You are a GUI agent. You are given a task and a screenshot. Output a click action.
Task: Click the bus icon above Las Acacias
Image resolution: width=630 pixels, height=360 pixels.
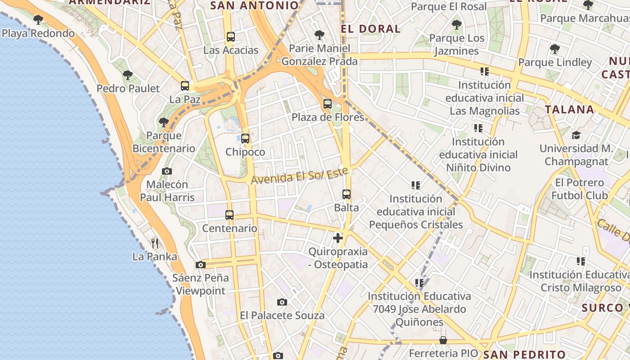coord(231,37)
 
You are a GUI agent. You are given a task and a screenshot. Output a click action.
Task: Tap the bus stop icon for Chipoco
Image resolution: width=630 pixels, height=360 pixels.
coord(245,139)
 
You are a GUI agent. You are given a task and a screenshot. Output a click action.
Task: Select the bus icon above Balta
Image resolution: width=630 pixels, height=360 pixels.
coord(346,194)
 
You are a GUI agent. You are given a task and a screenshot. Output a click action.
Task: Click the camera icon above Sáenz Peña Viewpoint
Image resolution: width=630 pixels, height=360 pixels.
coord(201,265)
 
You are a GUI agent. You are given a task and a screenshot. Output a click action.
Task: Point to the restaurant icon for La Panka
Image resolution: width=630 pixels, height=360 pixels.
coord(155,243)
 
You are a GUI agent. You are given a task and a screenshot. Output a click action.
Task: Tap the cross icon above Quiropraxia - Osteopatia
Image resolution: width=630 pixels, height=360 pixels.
coord(338,238)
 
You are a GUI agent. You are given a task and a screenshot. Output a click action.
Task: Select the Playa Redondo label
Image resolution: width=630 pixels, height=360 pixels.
coord(38,33)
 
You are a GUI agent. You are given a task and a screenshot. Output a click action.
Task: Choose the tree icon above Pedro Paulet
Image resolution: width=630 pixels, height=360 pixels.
coord(128,75)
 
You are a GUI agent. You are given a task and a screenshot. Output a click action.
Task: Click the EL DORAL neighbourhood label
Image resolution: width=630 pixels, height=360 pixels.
coord(371,29)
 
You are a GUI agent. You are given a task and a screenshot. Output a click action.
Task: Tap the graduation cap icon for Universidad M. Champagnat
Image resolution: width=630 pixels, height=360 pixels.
coord(576,135)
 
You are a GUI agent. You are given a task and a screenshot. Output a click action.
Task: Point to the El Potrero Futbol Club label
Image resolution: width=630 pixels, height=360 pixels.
coord(580,189)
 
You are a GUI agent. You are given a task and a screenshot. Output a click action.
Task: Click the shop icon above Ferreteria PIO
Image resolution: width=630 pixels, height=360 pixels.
coord(443,340)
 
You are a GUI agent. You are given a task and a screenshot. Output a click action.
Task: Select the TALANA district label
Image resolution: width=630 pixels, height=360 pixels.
coord(570,109)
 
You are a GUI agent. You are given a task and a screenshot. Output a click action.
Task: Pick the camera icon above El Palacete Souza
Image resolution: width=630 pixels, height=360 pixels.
coord(282,302)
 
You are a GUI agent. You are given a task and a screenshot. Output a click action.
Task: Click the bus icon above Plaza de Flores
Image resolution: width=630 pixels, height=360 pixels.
coord(328,104)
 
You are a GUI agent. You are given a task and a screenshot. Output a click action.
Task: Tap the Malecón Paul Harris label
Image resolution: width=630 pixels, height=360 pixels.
coord(167,191)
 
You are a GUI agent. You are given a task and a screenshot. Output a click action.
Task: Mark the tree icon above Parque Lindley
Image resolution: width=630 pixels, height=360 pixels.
coord(555,49)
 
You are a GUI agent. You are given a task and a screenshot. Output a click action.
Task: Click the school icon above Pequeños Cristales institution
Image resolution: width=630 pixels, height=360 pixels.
coord(416,185)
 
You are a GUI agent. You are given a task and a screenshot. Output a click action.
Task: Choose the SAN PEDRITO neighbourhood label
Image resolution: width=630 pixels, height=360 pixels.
coord(524,354)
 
